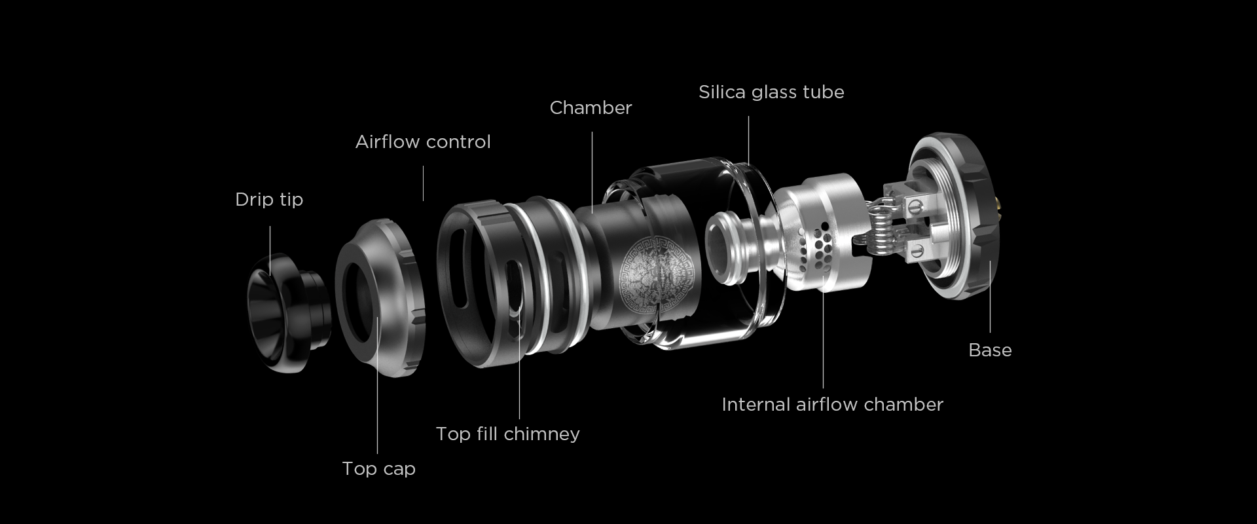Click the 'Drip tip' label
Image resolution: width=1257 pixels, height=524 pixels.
269,199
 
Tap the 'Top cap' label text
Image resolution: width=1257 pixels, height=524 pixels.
378,468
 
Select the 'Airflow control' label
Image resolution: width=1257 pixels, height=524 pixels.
423,141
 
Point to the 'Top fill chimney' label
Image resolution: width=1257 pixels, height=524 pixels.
507,434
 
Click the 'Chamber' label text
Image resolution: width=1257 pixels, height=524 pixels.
591,107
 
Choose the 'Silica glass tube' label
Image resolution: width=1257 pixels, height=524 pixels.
771,92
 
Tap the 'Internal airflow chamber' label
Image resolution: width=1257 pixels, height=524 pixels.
832,404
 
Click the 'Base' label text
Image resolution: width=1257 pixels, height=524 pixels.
990,350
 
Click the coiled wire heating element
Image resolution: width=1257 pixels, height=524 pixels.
882,230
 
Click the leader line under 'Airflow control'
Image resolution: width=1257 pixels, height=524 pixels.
423,183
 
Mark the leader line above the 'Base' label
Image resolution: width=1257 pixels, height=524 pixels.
990,296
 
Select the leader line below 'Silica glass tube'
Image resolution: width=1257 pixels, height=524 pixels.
748,140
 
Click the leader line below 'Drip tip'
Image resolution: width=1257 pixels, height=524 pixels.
270,251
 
